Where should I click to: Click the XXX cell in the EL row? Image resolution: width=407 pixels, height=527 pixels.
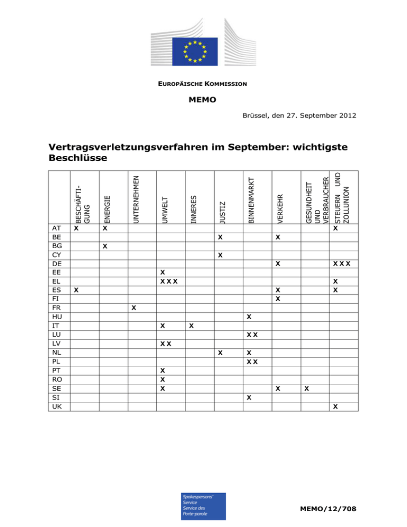[169, 280]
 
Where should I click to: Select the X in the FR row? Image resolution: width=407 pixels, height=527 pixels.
[134, 308]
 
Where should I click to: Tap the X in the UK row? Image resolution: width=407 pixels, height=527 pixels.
[335, 407]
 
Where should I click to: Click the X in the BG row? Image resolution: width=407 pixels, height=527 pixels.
[105, 247]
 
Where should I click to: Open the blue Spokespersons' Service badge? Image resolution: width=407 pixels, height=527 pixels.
[203, 506]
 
